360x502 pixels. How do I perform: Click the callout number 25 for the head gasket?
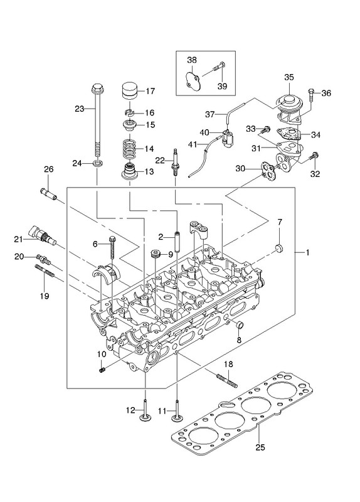pyautogui.click(x=260, y=447)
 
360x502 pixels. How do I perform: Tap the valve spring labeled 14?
pyautogui.click(x=130, y=148)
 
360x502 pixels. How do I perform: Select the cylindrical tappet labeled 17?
pyautogui.click(x=130, y=91)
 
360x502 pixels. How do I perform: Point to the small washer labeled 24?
pyautogui.click(x=98, y=164)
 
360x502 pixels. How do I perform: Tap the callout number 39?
pyautogui.click(x=222, y=86)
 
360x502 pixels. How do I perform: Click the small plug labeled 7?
pyautogui.click(x=279, y=248)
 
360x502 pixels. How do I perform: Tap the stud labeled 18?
pyautogui.click(x=227, y=381)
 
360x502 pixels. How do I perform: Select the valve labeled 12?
pyautogui.click(x=146, y=412)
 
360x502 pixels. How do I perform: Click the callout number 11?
pyautogui.click(x=162, y=410)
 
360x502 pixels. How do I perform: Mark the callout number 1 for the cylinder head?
pyautogui.click(x=307, y=253)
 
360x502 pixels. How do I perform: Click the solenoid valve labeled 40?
pyautogui.click(x=228, y=137)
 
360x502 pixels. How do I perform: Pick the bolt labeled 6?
pyautogui.click(x=112, y=247)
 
